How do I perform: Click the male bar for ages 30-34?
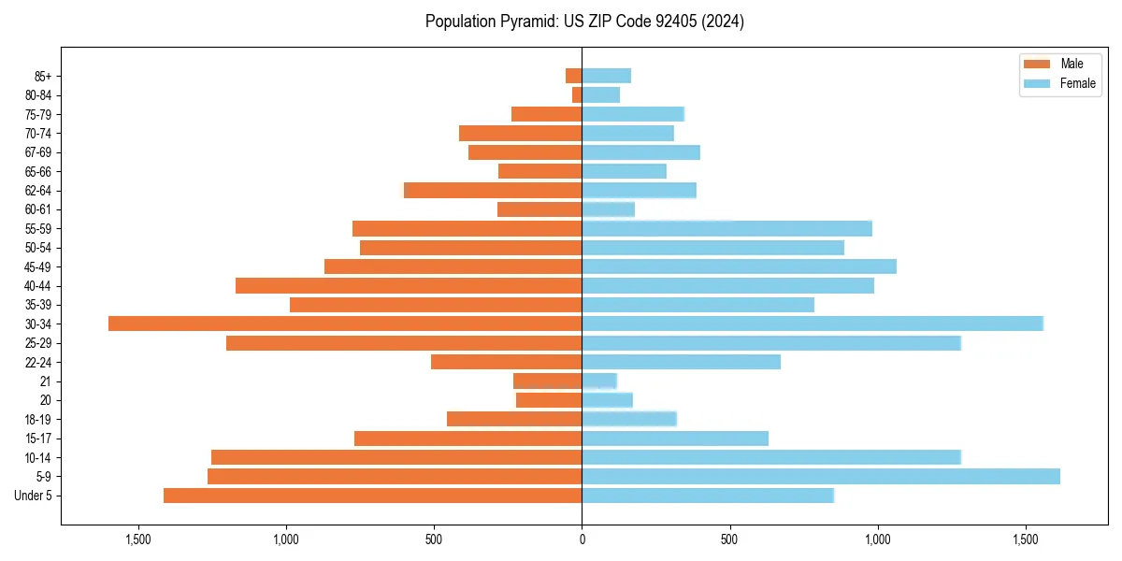(x=345, y=324)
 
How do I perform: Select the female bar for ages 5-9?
(x=821, y=476)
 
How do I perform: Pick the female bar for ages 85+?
(x=606, y=76)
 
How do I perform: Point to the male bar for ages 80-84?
(x=577, y=94)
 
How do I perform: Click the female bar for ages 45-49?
(x=739, y=266)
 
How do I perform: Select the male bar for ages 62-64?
(x=493, y=190)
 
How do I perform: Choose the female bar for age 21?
(x=599, y=381)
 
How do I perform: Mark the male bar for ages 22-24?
(x=506, y=362)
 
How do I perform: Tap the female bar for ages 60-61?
(x=608, y=209)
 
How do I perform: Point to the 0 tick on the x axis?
(x=582, y=539)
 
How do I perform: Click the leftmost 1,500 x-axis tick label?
(x=137, y=539)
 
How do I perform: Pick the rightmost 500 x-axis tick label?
(x=729, y=539)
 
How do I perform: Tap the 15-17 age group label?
(x=38, y=439)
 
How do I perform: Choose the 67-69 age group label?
(x=38, y=152)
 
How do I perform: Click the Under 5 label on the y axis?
(x=34, y=496)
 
